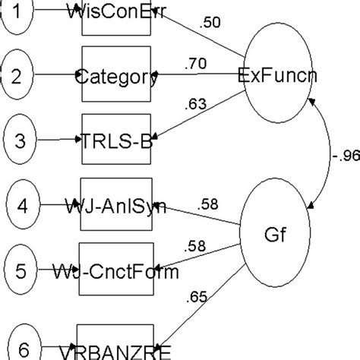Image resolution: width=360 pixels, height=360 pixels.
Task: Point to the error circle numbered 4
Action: (25, 205)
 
